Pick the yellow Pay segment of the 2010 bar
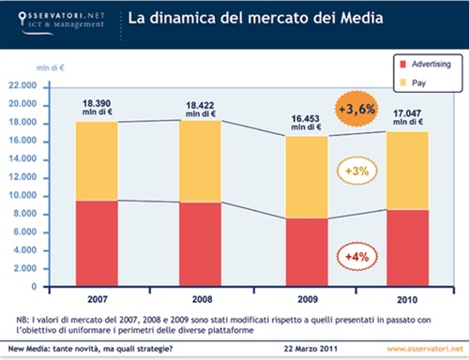click(406, 170)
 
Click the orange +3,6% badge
click(356, 110)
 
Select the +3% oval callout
click(355, 172)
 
